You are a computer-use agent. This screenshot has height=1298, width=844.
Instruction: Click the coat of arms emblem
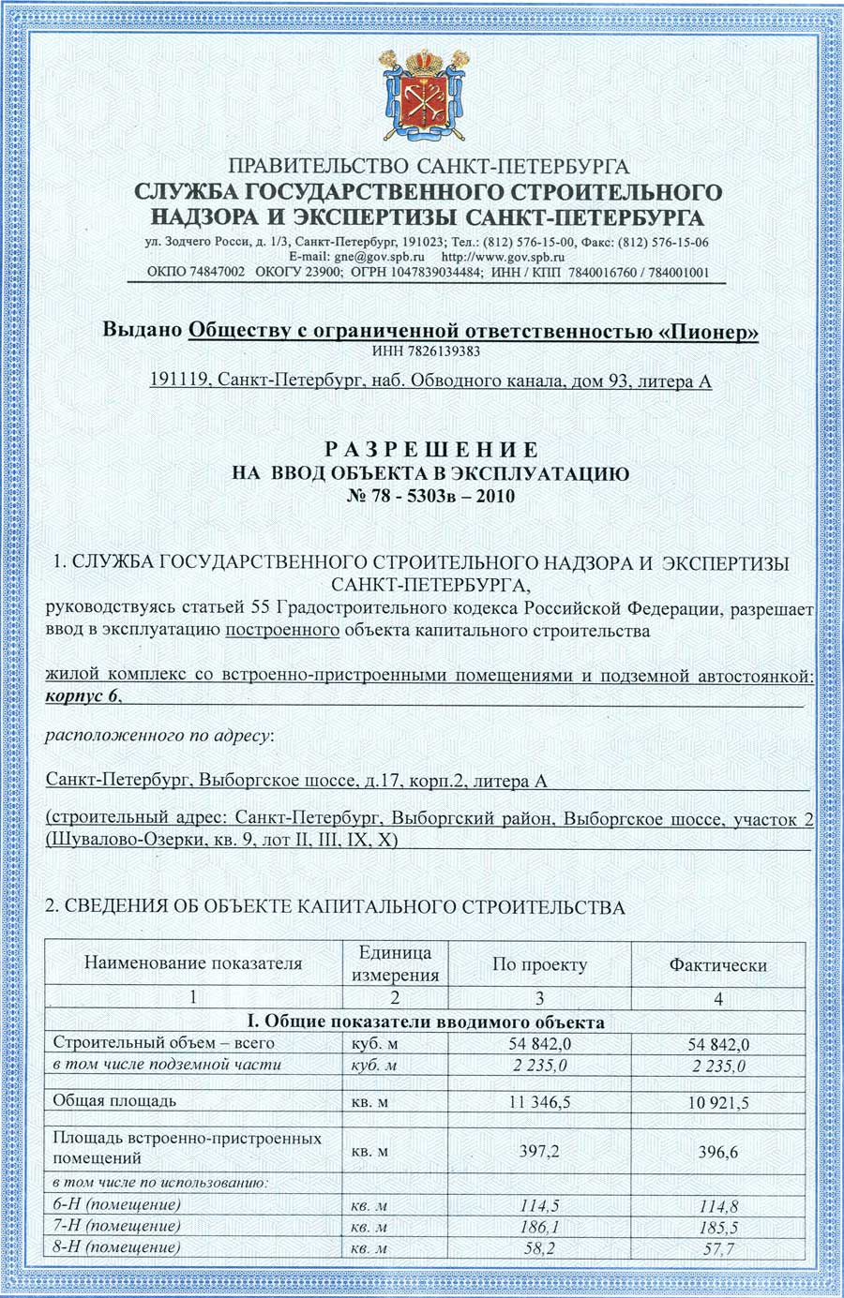tap(421, 95)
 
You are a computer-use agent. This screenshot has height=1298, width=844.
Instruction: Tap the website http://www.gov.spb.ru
tap(503, 256)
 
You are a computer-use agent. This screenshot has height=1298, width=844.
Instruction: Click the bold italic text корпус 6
tap(82, 696)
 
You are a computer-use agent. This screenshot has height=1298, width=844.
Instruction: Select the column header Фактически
tap(717, 964)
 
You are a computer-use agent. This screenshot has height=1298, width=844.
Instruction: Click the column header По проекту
tap(539, 964)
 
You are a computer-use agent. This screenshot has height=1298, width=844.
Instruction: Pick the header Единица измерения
tap(395, 963)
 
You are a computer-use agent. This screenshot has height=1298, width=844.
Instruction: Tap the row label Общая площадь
tap(114, 1100)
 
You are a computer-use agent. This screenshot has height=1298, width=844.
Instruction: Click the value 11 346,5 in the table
tap(539, 1102)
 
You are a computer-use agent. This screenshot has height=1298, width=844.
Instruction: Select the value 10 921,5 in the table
tap(718, 1103)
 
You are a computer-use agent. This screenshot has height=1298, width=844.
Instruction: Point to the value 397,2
tap(539, 1150)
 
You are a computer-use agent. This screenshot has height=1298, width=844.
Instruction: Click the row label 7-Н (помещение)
tap(117, 1226)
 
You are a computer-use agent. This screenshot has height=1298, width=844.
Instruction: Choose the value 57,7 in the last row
tap(718, 1248)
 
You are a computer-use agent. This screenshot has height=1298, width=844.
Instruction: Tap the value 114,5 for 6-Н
tap(539, 1204)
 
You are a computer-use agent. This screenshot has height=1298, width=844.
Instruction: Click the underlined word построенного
tap(282, 631)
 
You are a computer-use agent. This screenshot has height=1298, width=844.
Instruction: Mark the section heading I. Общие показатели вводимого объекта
tap(425, 1022)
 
